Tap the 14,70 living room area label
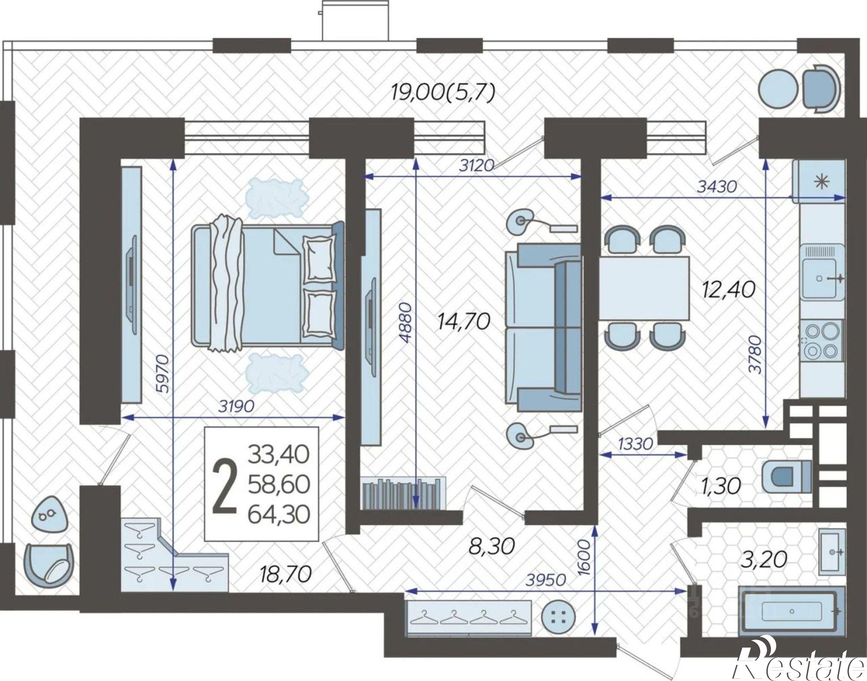464,322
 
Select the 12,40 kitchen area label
730,290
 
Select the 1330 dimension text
636,444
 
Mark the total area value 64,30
279,515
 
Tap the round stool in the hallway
559,618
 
